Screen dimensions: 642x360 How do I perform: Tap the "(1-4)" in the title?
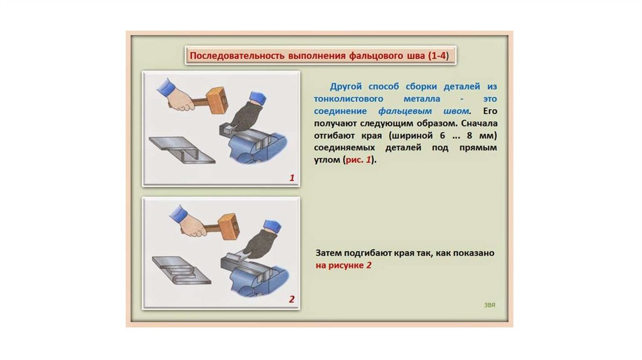pyautogui.click(x=438, y=56)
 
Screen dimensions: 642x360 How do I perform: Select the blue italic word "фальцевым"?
pyautogui.click(x=405, y=111)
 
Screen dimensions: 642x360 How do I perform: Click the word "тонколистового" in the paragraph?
pyautogui.click(x=349, y=98)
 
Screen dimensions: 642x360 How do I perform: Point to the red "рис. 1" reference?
pyautogui.click(x=358, y=160)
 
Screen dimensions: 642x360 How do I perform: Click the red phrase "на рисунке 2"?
pyautogui.click(x=344, y=265)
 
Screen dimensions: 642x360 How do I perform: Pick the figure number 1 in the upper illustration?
pyautogui.click(x=292, y=177)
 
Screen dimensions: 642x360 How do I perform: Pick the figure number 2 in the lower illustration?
pyautogui.click(x=292, y=299)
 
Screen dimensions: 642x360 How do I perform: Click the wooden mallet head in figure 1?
pyautogui.click(x=217, y=101)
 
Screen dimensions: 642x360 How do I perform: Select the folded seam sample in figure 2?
pyautogui.click(x=181, y=270)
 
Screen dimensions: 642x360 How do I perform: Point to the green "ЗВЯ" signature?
pyautogui.click(x=490, y=305)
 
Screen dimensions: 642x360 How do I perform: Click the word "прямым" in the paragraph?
pyautogui.click(x=478, y=148)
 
